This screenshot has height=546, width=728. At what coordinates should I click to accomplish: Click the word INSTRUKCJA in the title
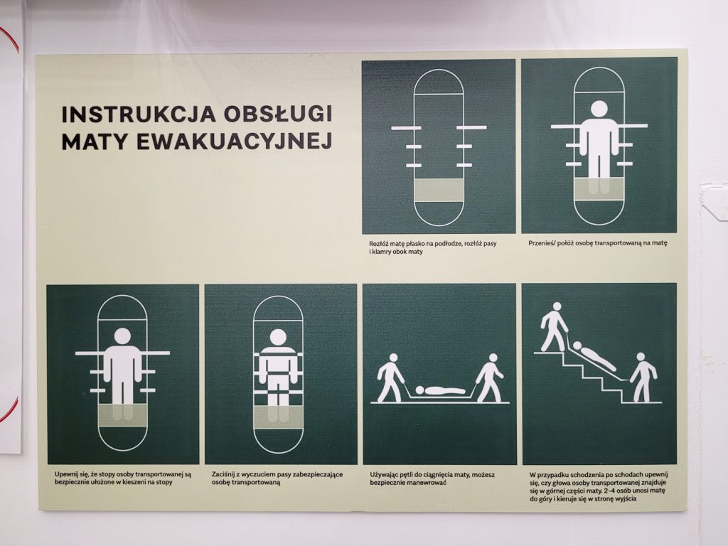pyautogui.click(x=139, y=114)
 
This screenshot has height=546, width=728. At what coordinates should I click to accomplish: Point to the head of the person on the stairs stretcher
pyautogui.click(x=577, y=346)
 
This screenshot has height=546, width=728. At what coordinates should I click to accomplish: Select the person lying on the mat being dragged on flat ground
pyautogui.click(x=440, y=390)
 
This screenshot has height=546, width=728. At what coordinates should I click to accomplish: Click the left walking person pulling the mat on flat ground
pyautogui.click(x=392, y=378)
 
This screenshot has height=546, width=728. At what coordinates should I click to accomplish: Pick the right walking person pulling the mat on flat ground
pyautogui.click(x=490, y=378)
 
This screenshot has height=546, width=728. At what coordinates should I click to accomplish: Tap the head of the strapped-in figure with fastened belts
pyautogui.click(x=278, y=337)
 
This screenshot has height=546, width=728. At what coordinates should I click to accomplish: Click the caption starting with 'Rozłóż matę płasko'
pyautogui.click(x=433, y=247)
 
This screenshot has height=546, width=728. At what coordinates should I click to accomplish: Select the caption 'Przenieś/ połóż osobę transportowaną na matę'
pyautogui.click(x=597, y=243)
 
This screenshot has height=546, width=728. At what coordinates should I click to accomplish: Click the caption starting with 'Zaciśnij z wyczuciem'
pyautogui.click(x=277, y=478)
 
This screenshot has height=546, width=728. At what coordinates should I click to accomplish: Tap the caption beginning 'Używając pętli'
pyautogui.click(x=432, y=478)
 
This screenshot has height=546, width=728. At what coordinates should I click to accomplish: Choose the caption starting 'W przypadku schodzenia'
pyautogui.click(x=598, y=486)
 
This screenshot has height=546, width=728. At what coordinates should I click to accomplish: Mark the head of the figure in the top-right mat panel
pyautogui.click(x=599, y=109)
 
